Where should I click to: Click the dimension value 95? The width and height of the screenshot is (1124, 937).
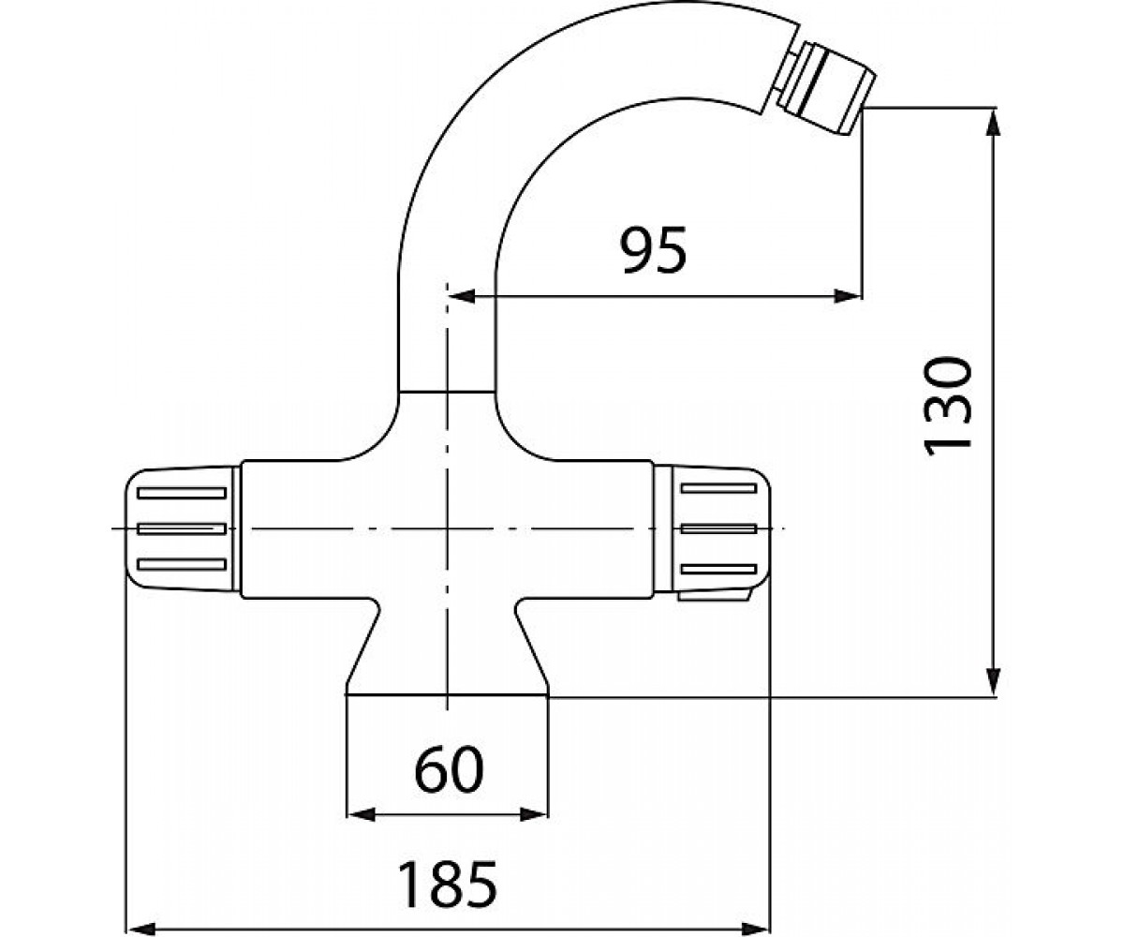pos(653,250)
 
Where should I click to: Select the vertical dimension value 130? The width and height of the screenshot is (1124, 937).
pos(947,406)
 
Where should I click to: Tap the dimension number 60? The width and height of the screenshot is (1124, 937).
pos(450,769)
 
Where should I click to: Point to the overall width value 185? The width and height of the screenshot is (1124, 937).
pos(448,884)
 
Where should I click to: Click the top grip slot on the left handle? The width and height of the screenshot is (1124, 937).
pos(182,493)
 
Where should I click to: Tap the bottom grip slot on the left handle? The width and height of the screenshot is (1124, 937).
pos(182,564)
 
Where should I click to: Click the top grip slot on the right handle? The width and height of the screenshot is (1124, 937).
pos(718,489)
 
